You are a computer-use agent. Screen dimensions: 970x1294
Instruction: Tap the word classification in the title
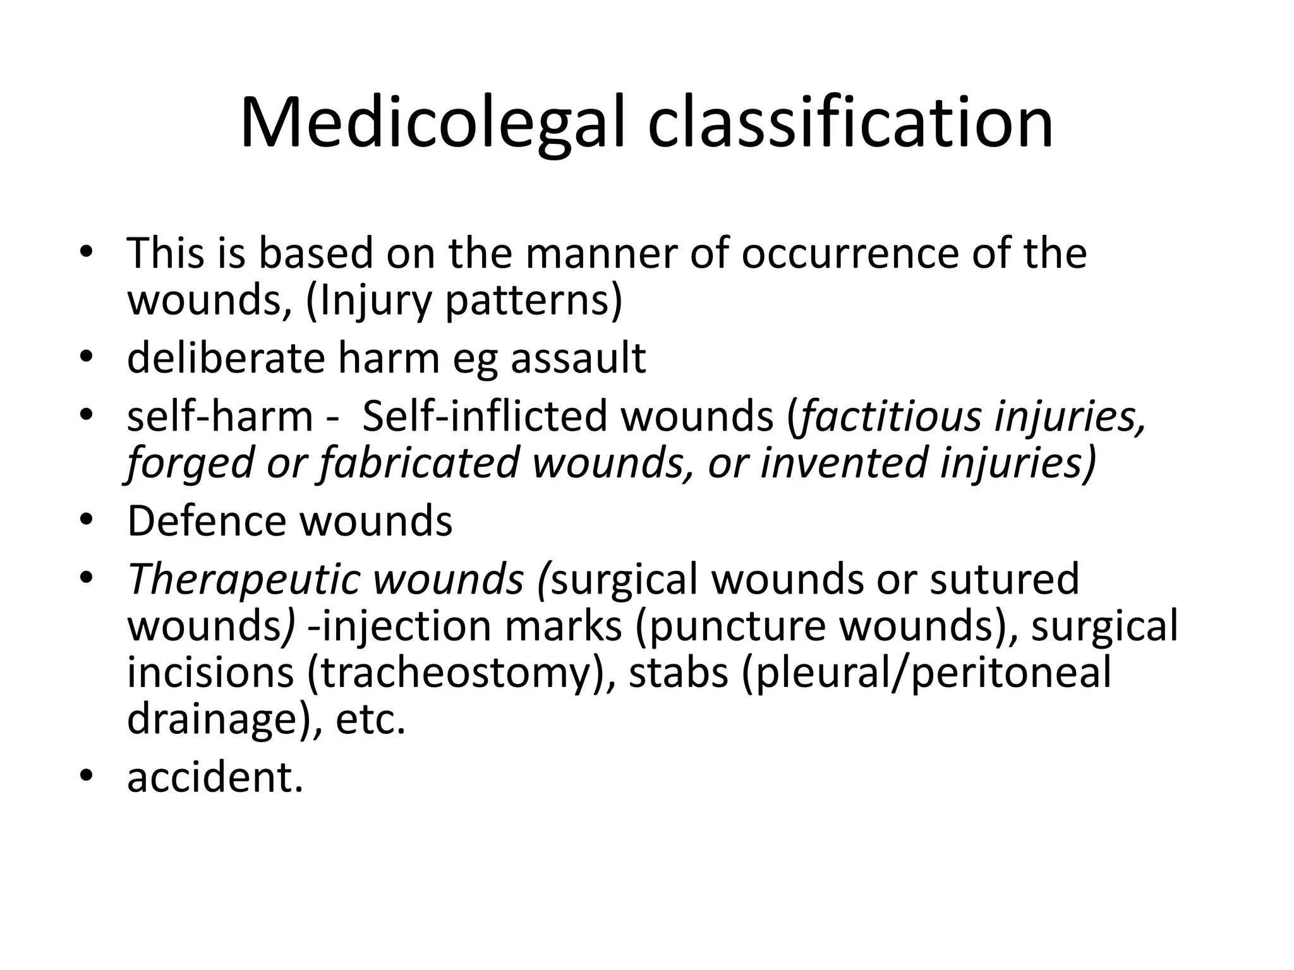[850, 123]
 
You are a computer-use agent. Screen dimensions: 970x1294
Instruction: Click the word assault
[578, 358]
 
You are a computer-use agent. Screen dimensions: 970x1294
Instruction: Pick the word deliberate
[226, 358]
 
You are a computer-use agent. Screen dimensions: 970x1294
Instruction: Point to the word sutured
[1004, 579]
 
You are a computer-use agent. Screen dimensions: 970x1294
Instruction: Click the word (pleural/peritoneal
[926, 673]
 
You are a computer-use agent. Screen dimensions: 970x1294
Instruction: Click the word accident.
[215, 777]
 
